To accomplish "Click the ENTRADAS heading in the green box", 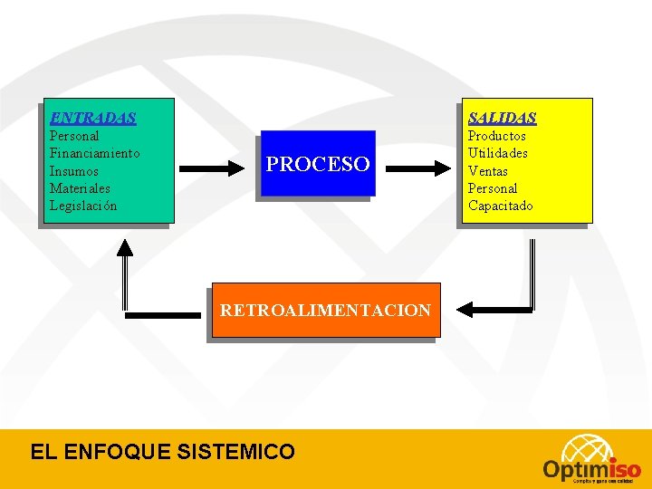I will point(93,118).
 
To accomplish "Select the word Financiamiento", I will point(94,153).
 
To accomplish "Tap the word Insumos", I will point(74,171).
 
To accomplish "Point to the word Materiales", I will point(80,188).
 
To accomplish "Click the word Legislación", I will point(83,206).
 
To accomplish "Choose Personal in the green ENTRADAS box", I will point(74,136).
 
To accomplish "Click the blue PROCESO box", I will point(317,164).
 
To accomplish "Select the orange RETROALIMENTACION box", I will point(325,311).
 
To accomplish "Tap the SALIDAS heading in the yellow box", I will point(502,118).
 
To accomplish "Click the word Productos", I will point(496,136).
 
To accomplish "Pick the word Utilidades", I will point(497,153).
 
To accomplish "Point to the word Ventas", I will point(487,171).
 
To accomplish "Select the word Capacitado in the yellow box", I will point(500,206).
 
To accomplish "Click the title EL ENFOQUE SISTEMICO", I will point(162,451).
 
